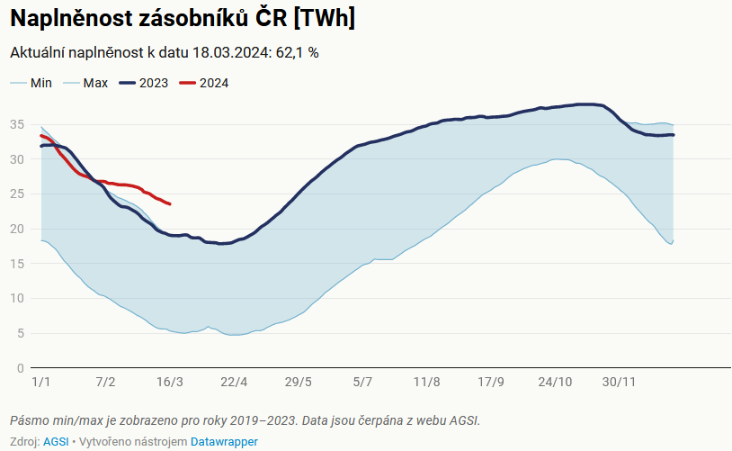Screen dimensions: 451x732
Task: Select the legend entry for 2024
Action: click(213, 83)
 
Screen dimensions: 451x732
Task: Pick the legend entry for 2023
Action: click(153, 83)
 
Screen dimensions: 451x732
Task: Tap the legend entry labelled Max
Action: click(95, 83)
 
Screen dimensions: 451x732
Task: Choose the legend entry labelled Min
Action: click(41, 83)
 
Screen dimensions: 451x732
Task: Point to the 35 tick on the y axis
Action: click(16, 124)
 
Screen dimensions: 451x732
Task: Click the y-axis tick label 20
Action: click(16, 229)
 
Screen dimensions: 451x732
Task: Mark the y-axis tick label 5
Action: click(19, 333)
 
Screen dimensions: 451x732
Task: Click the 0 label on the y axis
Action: click(19, 368)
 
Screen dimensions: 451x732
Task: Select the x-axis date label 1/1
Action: click(40, 382)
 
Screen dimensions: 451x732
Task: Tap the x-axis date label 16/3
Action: click(170, 382)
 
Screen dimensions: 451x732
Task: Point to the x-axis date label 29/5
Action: click(299, 382)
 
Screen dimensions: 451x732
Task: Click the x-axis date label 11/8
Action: click(427, 382)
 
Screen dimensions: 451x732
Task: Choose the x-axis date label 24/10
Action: click(555, 382)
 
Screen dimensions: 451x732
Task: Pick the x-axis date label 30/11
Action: click(620, 382)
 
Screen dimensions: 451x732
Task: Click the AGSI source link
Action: click(56, 442)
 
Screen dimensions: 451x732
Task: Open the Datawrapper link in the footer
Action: click(224, 442)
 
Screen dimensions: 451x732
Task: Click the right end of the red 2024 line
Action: click(170, 204)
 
